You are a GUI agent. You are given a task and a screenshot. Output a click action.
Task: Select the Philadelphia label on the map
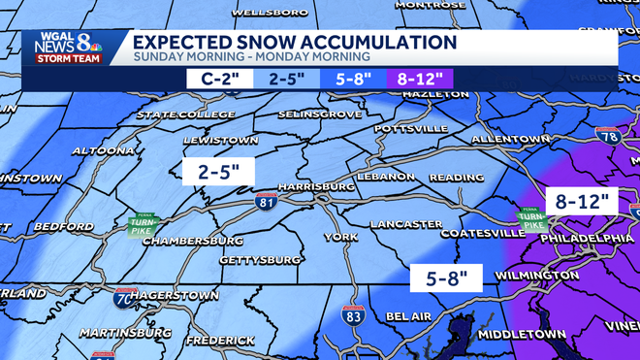pos(586,238)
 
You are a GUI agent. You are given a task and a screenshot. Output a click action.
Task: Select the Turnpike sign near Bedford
pos(143,225)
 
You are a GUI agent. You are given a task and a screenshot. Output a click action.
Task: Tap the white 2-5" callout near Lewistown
pos(218,172)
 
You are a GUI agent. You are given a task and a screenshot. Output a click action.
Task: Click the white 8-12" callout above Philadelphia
pos(582,202)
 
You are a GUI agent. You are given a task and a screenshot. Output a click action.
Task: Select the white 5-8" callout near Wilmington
pos(446,278)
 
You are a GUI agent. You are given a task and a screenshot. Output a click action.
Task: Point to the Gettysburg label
pos(234,260)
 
